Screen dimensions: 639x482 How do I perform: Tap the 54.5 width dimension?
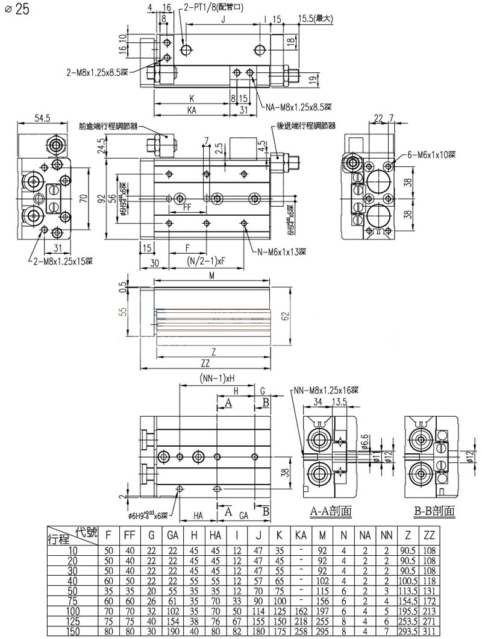click(42, 118)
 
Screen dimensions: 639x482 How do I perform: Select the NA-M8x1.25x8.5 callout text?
click(298, 108)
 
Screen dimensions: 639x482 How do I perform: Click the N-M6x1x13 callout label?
click(281, 251)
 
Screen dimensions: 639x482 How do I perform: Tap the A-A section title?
click(331, 512)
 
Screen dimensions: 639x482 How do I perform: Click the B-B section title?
click(434, 512)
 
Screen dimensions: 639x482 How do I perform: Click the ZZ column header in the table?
click(430, 534)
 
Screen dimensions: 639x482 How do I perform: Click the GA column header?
click(172, 534)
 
